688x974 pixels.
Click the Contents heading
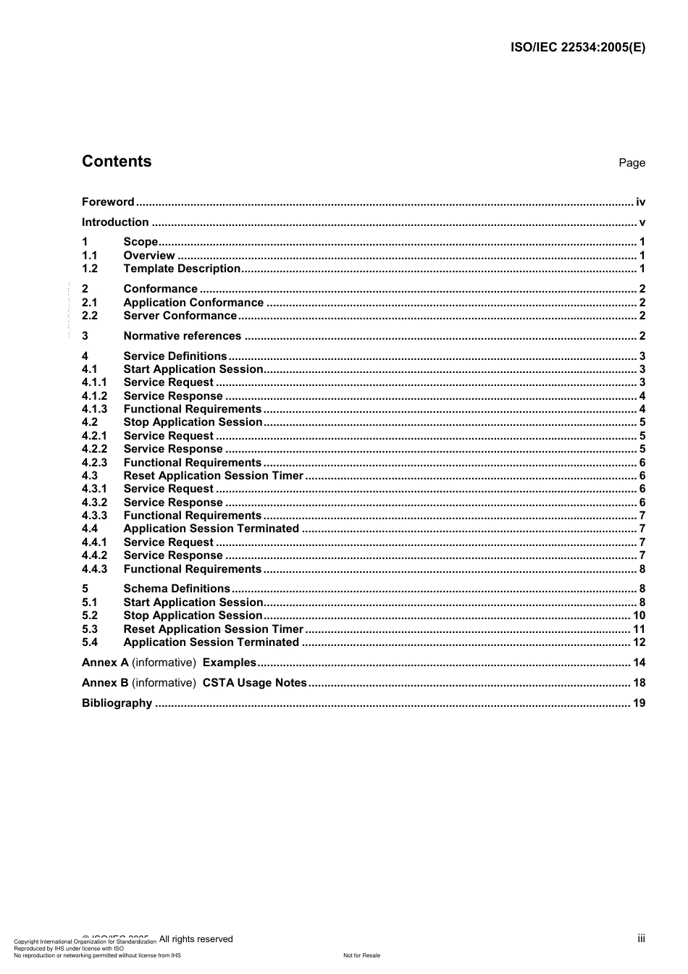coord(117,161)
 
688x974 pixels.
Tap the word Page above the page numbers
coord(632,163)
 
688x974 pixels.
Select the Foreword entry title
coord(108,202)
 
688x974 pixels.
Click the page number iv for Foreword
coord(640,202)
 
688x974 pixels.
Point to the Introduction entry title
coord(115,222)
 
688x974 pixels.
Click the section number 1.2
coord(90,269)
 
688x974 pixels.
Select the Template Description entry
coord(182,269)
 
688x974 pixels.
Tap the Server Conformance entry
coord(180,316)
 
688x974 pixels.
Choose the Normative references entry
coord(183,336)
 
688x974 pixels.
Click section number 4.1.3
coord(94,409)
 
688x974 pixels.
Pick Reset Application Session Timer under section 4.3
coord(214,476)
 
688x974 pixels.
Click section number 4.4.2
coord(94,555)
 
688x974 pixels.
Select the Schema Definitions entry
coord(177,589)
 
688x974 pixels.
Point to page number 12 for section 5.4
coord(639,642)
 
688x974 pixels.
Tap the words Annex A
coord(105,663)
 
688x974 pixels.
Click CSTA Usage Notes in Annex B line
coord(255,683)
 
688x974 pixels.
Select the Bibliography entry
coord(117,703)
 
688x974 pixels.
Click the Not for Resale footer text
coord(361,955)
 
